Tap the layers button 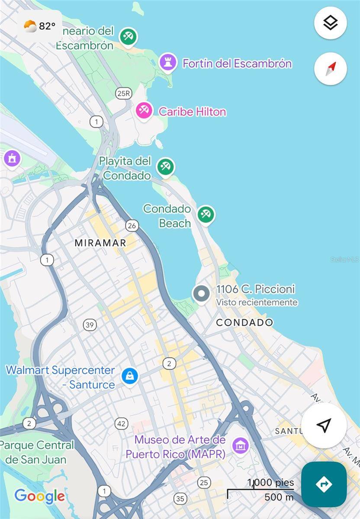[330, 23]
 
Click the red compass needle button [330, 68]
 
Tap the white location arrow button [324, 425]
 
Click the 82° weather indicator [40, 26]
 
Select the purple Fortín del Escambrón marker [167, 62]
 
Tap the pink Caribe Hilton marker [144, 110]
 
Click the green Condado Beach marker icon [206, 214]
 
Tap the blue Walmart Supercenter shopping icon [129, 376]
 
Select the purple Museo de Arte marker [240, 445]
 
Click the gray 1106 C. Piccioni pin [201, 294]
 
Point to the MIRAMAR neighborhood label [100, 243]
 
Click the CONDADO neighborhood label [244, 322]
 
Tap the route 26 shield [132, 225]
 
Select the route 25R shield [123, 93]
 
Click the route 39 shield [90, 325]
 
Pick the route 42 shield [122, 423]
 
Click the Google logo [39, 496]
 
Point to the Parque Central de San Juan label [37, 452]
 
